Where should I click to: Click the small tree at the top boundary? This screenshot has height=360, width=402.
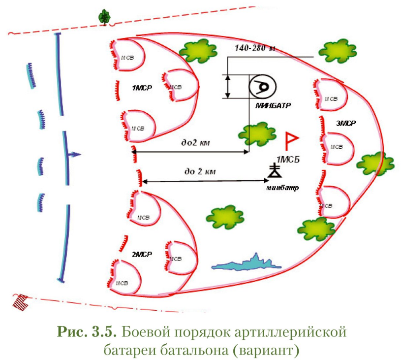point(104,16)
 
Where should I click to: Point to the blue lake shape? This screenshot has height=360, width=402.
point(247,262)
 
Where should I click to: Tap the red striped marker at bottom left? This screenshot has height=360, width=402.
point(20,299)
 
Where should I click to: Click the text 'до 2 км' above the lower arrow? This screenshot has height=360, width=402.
point(200,172)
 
